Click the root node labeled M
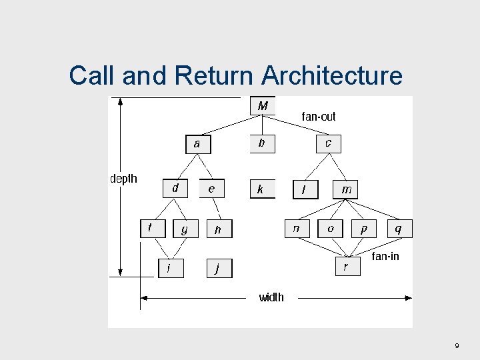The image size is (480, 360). tap(262, 106)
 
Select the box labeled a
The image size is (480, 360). tap(197, 144)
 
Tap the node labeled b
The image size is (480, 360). tap(262, 143)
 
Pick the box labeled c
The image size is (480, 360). tap(328, 143)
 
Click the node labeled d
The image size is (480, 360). tap(175, 189)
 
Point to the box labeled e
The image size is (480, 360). tap(212, 189)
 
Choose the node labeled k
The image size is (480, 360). tap(261, 189)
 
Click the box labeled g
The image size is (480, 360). tap(185, 229)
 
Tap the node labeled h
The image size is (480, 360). tap(219, 229)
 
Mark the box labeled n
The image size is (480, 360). tap(297, 228)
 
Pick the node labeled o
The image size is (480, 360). tap(330, 228)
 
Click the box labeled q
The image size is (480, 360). tap(399, 228)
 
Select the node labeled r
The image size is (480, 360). tap(346, 267)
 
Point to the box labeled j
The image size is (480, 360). tap(219, 268)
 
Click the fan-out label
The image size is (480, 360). tap(319, 117)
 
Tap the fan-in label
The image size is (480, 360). tap(385, 256)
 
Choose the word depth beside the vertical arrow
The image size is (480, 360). tap(123, 179)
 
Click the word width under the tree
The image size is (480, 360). tap(271, 297)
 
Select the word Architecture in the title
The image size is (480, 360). tap(332, 75)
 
